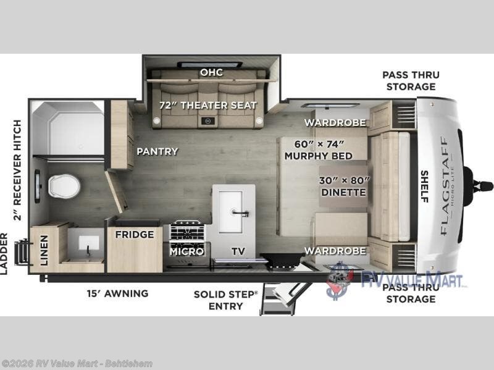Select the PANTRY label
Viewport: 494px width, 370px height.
[x=157, y=151]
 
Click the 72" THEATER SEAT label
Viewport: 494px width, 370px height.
[x=208, y=105]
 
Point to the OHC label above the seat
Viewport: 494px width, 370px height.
[x=211, y=73]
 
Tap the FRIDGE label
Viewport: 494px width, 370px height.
[x=134, y=235]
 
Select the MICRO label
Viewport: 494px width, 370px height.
[x=187, y=251]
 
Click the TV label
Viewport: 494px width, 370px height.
[x=238, y=251]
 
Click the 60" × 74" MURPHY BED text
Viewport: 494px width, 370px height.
[x=318, y=150]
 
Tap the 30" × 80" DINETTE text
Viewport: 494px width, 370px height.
[x=343, y=186]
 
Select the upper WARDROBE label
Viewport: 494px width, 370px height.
[x=335, y=122]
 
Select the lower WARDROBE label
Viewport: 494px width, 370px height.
[x=335, y=251]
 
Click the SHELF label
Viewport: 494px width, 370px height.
[x=424, y=186]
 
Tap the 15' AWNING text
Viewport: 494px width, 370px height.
[x=118, y=293]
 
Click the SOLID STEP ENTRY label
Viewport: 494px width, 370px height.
[x=225, y=300]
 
